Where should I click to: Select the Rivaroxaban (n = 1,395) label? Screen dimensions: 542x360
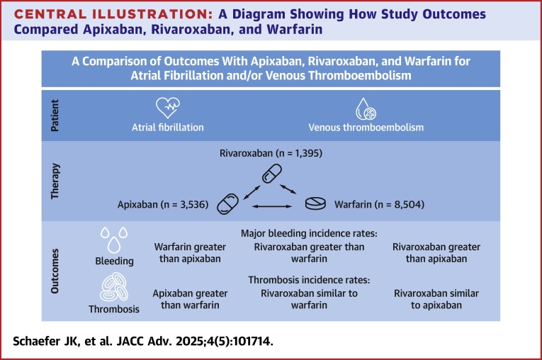click(x=271, y=153)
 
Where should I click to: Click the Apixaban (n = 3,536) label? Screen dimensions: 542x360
click(x=163, y=204)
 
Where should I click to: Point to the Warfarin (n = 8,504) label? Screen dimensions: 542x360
click(x=379, y=204)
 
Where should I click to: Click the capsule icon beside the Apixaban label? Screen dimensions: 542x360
click(x=227, y=204)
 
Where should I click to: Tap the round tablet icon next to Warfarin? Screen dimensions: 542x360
click(x=315, y=203)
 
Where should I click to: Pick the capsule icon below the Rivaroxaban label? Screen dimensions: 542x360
click(x=271, y=174)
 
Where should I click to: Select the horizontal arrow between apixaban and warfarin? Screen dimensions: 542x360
click(x=272, y=206)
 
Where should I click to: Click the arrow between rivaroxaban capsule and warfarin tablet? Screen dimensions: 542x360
click(x=288, y=189)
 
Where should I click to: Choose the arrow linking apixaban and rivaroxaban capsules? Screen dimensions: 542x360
click(x=252, y=193)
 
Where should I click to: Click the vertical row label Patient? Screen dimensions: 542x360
click(x=55, y=116)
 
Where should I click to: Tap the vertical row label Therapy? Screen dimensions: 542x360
click(x=55, y=181)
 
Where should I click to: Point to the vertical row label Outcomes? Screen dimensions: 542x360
click(x=55, y=271)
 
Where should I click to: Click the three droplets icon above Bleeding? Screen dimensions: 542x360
click(x=114, y=240)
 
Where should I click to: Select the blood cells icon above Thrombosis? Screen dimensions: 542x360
click(x=114, y=287)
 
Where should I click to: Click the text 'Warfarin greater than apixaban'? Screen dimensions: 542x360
click(x=190, y=253)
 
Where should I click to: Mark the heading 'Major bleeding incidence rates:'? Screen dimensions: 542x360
click(x=309, y=233)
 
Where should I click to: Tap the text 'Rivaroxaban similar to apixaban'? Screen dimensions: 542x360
click(x=436, y=299)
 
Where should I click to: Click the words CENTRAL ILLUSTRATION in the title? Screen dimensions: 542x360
click(x=113, y=14)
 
